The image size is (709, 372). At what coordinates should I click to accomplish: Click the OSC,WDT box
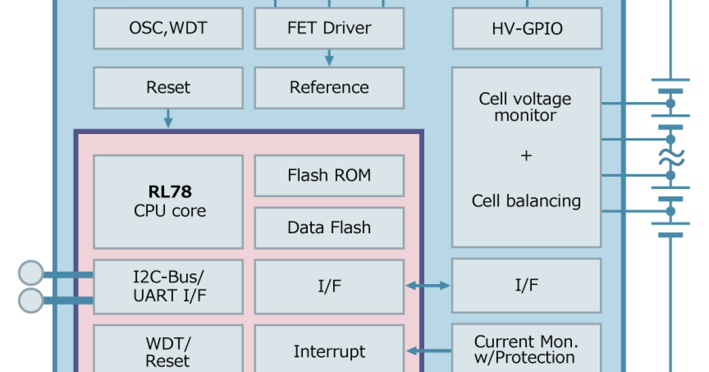(x=168, y=28)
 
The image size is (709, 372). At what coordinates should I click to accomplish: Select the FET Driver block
(x=329, y=28)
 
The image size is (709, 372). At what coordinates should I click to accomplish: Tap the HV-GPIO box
(x=527, y=28)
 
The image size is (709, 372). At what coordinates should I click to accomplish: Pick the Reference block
(x=329, y=87)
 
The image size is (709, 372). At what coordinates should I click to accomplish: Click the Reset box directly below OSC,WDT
(x=168, y=87)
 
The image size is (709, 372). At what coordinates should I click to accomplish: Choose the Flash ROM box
(x=329, y=175)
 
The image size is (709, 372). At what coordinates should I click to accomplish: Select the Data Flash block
(x=329, y=227)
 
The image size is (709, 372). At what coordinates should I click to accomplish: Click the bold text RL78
(x=170, y=192)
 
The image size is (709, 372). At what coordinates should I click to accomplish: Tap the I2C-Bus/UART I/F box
(x=168, y=286)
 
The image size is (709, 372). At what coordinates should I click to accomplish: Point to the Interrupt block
(x=329, y=352)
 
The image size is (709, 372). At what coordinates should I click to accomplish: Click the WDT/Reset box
(x=168, y=352)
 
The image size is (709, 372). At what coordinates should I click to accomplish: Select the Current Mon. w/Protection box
(x=526, y=350)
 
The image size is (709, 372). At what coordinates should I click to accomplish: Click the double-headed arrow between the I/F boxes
(x=428, y=286)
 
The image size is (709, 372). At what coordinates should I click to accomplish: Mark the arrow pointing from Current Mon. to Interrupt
(x=428, y=351)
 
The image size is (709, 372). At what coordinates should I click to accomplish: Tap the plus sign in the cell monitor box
(x=526, y=156)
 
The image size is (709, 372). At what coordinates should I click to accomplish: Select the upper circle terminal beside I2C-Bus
(x=31, y=274)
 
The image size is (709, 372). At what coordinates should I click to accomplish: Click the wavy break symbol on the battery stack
(x=671, y=157)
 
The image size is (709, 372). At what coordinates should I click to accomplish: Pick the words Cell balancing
(x=526, y=201)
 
